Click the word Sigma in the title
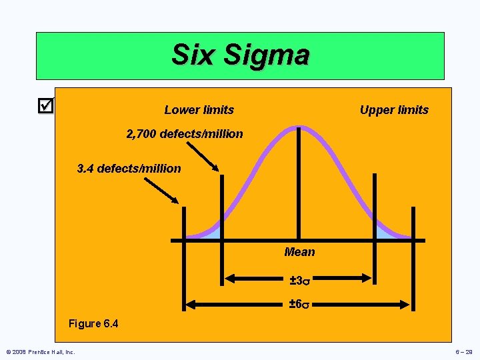coord(266,55)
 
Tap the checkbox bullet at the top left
coord(45,105)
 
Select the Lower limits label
coord(199,110)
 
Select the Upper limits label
coord(394,110)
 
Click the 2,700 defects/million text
coord(185,134)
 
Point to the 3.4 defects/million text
coord(129,169)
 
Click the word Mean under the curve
coord(299,252)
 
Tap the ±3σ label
coord(299,280)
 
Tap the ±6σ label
coord(299,305)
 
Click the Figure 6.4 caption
coord(93,324)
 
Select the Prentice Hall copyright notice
coord(40,351)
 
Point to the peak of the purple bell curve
coord(298,127)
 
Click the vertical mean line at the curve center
coord(298,187)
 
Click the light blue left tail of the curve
coord(212,232)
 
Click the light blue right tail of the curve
coord(385,232)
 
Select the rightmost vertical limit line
coord(413,223)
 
